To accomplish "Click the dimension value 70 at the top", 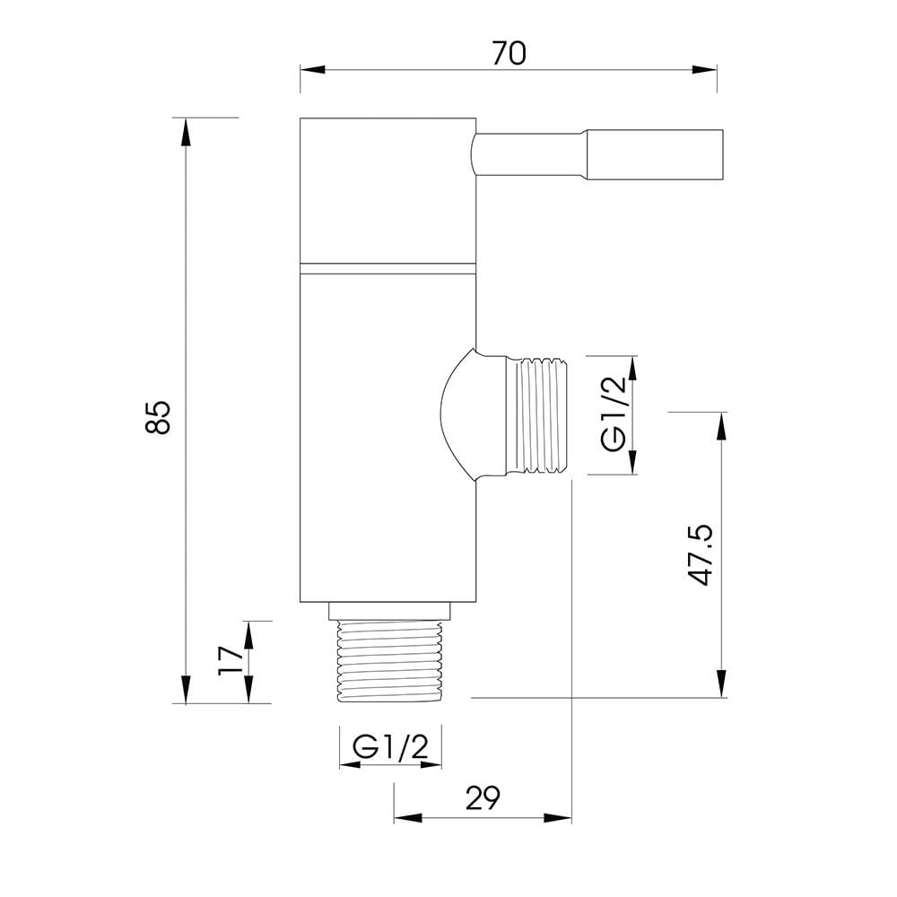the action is click(509, 54).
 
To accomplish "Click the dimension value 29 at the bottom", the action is click(483, 798).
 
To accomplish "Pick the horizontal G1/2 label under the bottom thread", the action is click(390, 746).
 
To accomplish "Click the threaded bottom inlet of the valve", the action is click(390, 661).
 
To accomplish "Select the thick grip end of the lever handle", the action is click(653, 155).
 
